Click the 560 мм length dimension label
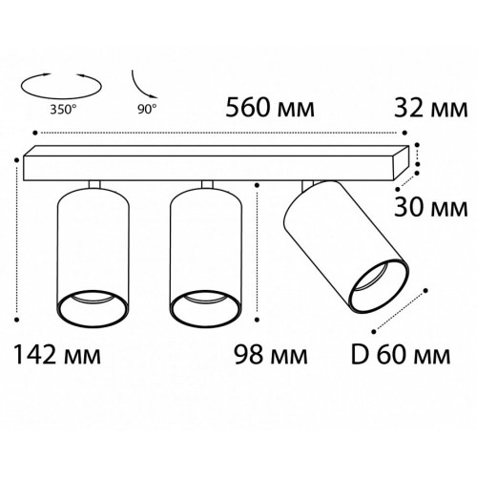[x=270, y=108]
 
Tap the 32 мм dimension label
[x=431, y=108]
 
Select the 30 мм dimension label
[x=431, y=208]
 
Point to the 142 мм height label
[x=58, y=355]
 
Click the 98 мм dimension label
[x=271, y=355]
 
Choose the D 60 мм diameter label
[x=401, y=355]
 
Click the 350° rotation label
[x=63, y=110]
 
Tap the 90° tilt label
[x=147, y=109]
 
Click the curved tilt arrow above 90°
[x=140, y=87]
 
